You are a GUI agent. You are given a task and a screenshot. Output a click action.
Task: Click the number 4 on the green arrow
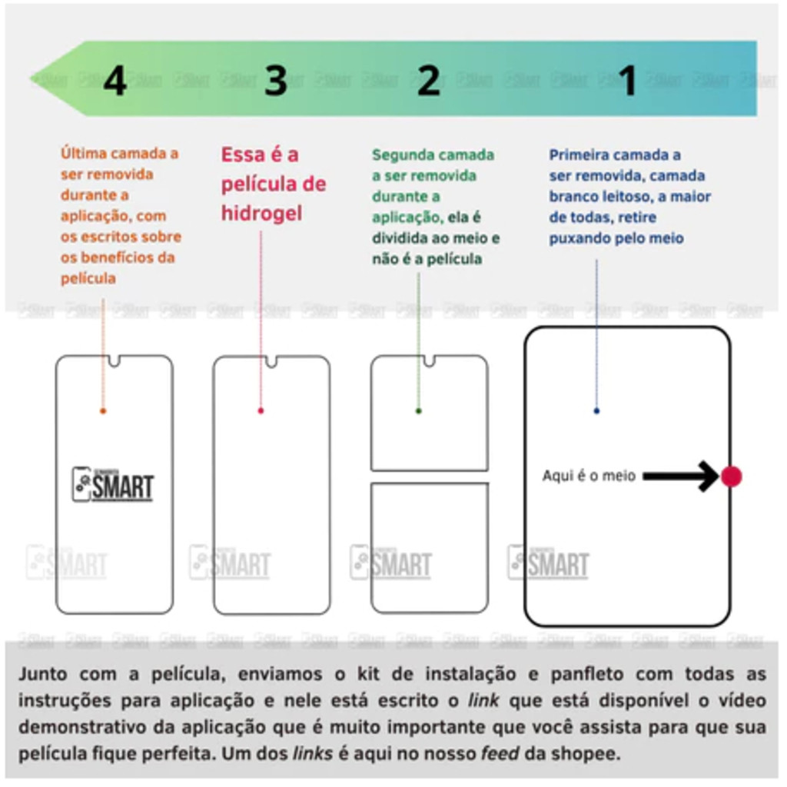(x=115, y=81)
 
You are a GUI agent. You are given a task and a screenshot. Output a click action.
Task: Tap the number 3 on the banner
(x=276, y=80)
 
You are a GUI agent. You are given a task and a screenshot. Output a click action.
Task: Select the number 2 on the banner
(x=429, y=80)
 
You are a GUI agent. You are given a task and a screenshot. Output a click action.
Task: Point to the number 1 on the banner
(x=628, y=80)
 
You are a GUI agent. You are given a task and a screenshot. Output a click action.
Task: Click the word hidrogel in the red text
(x=261, y=214)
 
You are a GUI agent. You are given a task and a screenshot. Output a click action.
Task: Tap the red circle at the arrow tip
(x=732, y=477)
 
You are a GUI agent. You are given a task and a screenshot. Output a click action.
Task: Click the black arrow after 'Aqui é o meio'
(x=681, y=476)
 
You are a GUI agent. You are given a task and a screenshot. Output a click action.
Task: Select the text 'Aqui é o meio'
(x=589, y=476)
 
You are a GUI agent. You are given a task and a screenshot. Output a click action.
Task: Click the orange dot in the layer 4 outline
(x=103, y=411)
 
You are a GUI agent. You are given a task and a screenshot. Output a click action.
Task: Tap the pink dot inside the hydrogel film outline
(x=261, y=411)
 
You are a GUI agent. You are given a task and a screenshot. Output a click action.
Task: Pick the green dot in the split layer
(x=419, y=411)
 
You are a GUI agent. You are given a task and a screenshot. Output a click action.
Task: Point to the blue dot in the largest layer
(x=596, y=411)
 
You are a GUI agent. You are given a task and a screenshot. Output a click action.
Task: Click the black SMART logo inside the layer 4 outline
(x=112, y=485)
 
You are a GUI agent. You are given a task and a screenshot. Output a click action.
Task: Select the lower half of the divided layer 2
(x=430, y=547)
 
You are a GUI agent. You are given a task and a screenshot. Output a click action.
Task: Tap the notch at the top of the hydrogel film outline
(x=271, y=361)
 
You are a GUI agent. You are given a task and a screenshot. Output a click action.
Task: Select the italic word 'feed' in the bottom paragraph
(x=500, y=753)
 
